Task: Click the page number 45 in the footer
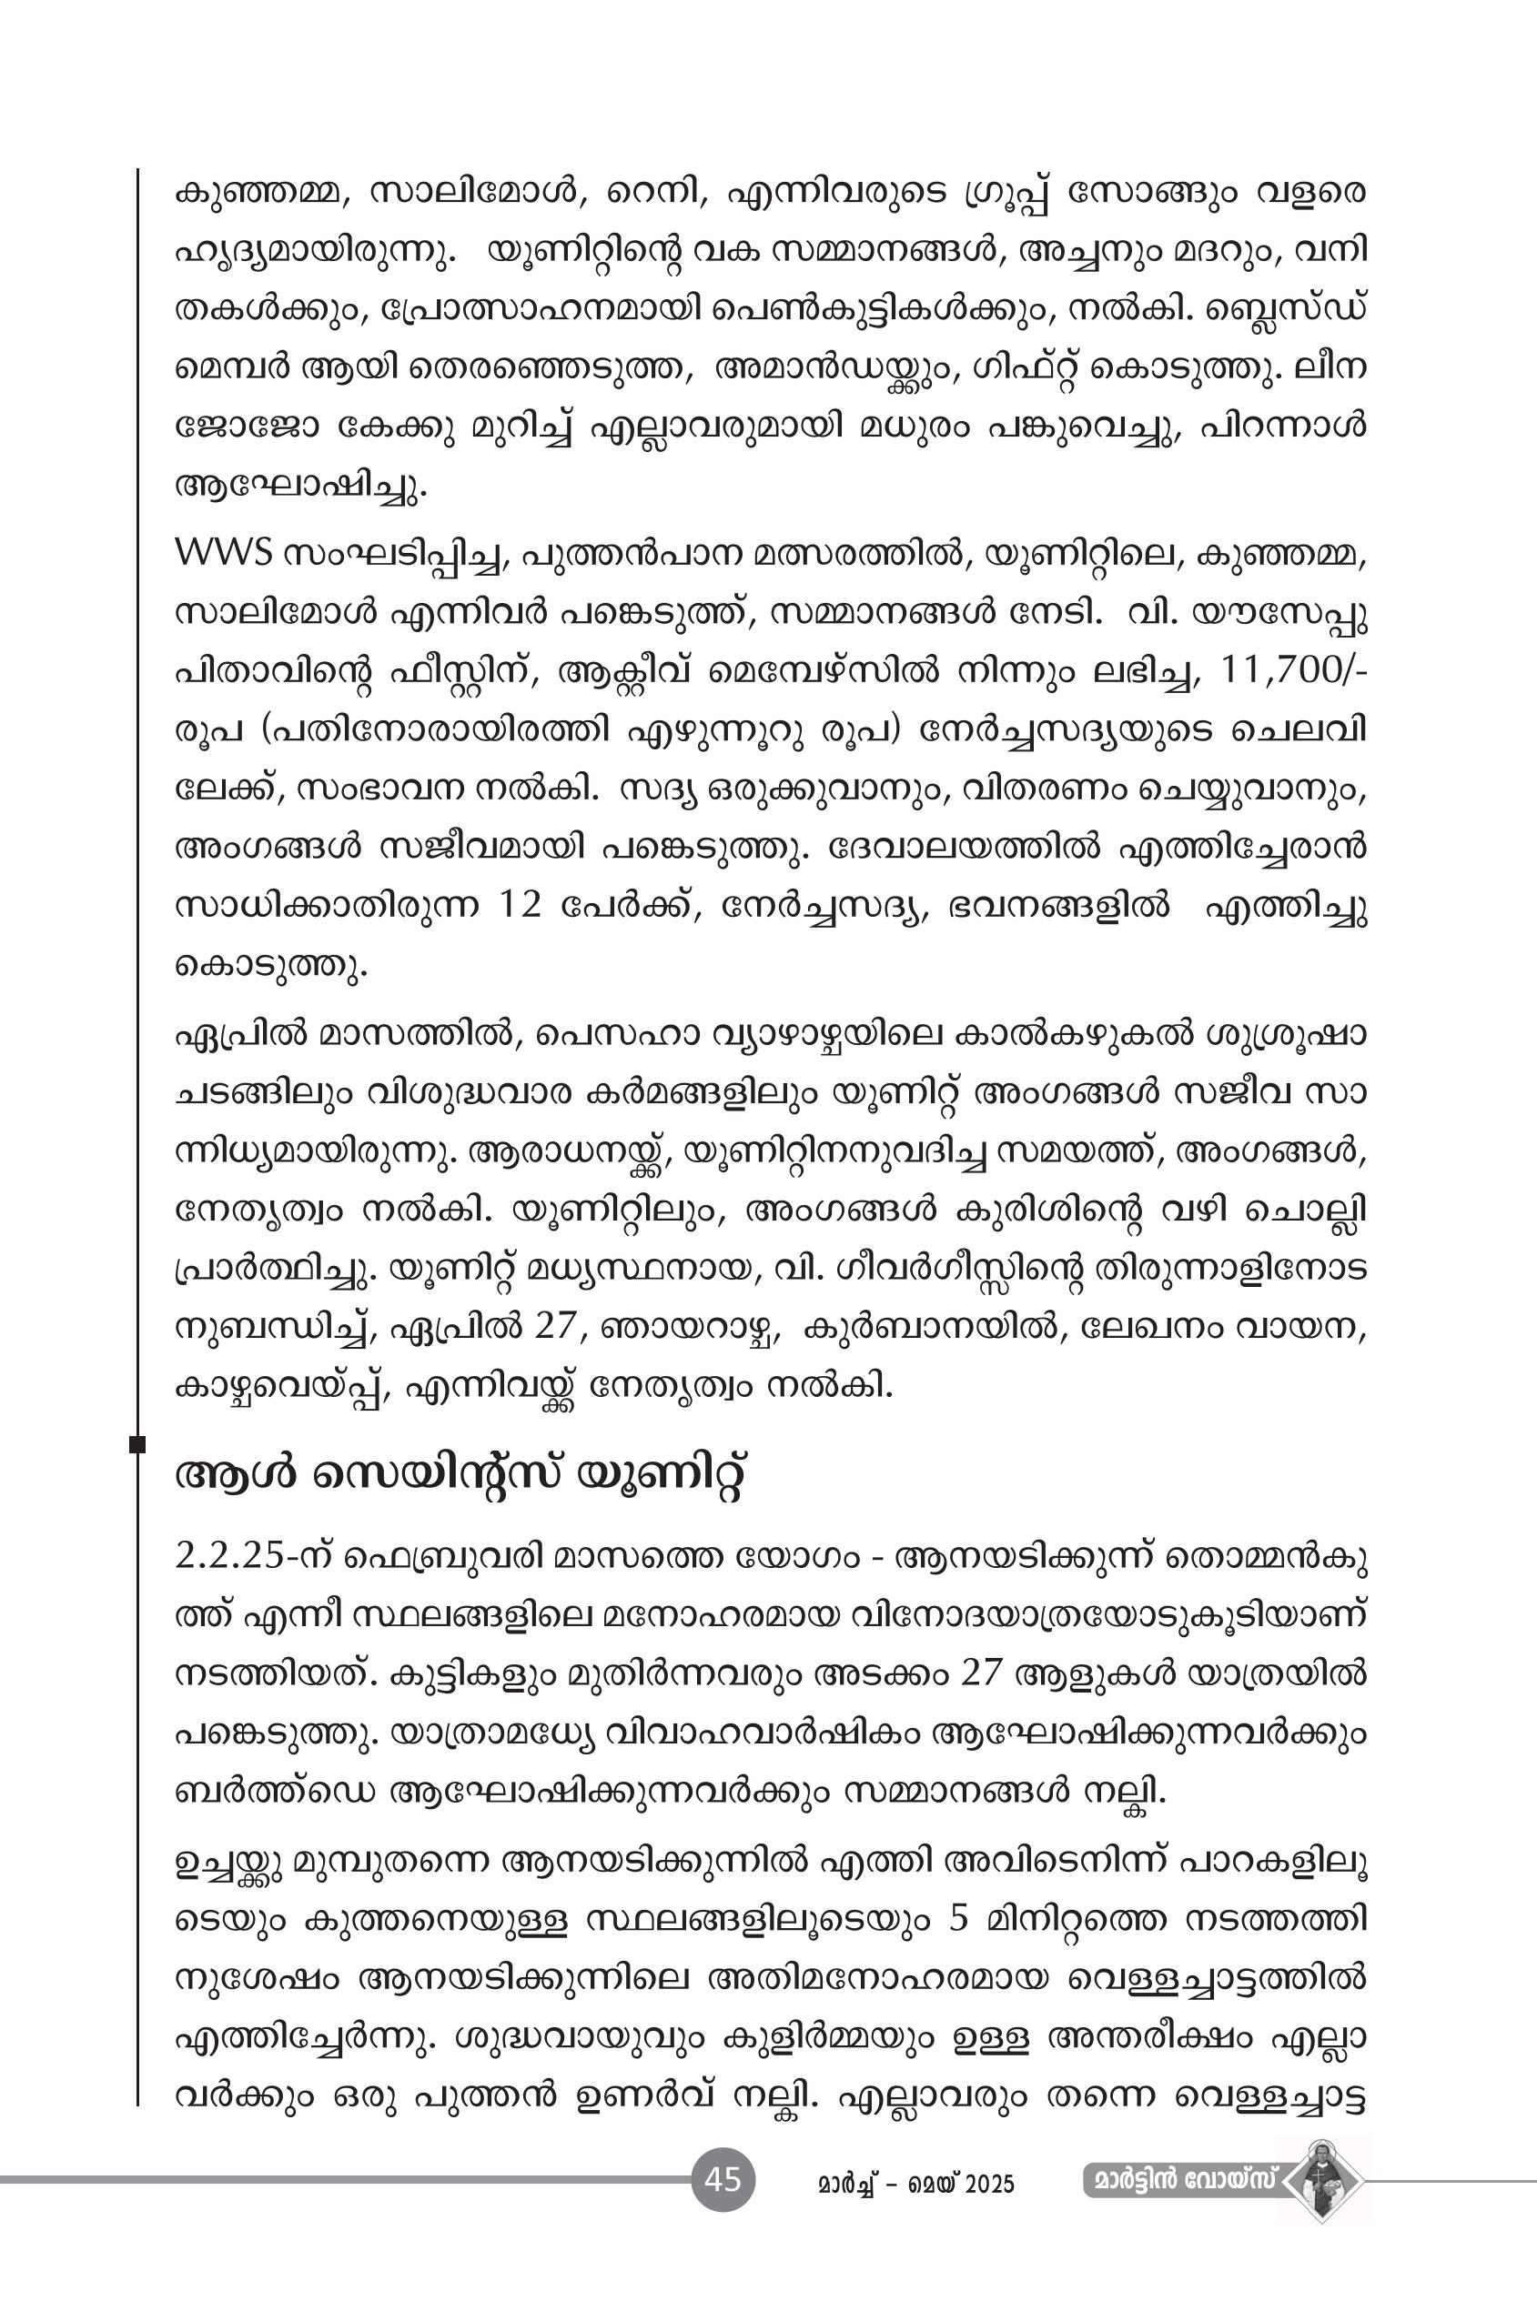point(723,2179)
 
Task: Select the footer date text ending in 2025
point(915,2183)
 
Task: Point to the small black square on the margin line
point(137,1443)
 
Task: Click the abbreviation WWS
point(223,554)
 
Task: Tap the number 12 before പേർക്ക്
point(519,905)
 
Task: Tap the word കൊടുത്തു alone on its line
point(270,966)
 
